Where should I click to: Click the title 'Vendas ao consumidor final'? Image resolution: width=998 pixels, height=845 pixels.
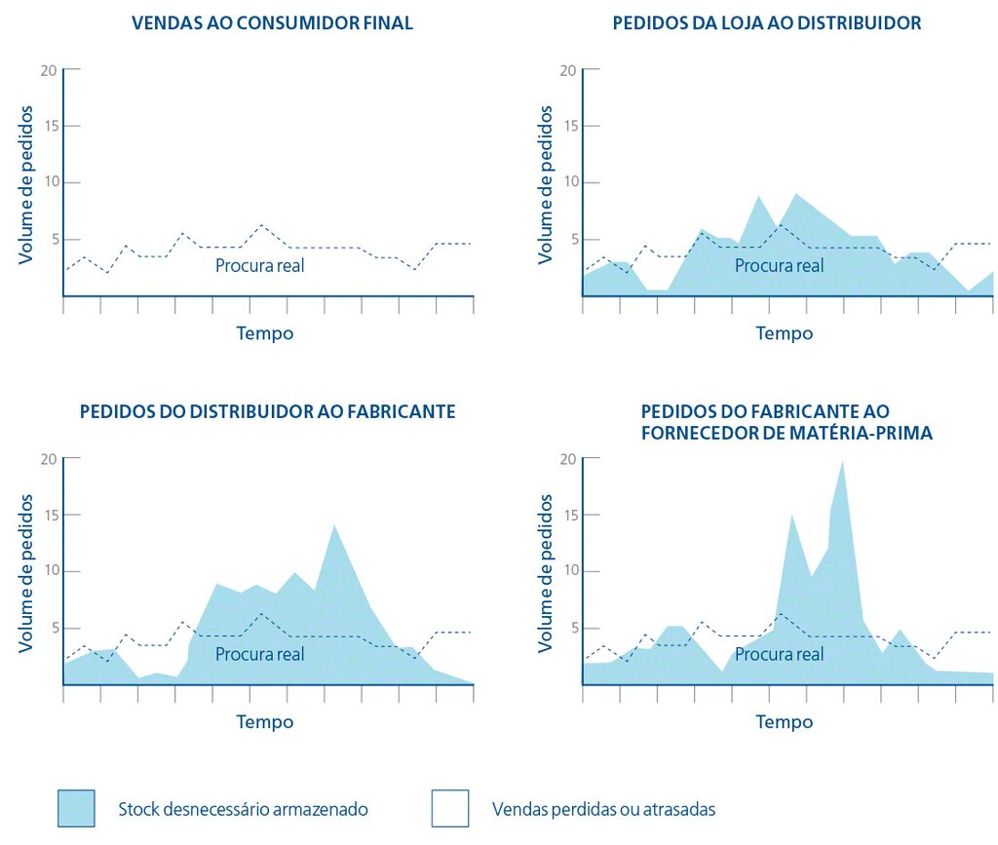click(272, 22)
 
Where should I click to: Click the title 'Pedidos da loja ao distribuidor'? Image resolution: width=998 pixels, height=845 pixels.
click(766, 22)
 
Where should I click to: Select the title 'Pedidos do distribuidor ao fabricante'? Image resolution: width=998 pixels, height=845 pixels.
click(267, 411)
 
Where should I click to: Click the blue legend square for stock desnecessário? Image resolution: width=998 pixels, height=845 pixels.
click(76, 808)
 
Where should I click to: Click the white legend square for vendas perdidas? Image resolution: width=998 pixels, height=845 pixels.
click(449, 808)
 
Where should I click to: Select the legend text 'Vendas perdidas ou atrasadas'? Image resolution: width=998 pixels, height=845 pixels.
click(603, 809)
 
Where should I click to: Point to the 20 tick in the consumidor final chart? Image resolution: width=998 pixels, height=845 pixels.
click(49, 70)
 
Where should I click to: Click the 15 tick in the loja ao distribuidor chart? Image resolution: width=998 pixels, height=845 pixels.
click(568, 126)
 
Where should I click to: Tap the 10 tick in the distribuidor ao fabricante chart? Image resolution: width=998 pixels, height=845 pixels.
click(49, 571)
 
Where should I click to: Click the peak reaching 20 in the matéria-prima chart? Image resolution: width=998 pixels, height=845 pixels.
click(842, 462)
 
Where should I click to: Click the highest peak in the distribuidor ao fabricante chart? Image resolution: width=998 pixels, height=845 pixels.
click(334, 526)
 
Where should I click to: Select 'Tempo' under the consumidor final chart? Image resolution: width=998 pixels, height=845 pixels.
click(264, 333)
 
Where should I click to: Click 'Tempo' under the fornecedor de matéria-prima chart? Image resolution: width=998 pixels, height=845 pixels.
click(784, 722)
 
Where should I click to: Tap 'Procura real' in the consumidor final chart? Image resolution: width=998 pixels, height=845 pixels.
click(259, 265)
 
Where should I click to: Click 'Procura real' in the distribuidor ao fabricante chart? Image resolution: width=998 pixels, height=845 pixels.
click(259, 654)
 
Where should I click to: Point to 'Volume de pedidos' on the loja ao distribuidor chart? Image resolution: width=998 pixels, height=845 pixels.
click(546, 184)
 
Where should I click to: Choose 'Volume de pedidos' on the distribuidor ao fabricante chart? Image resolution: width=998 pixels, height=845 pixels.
click(26, 573)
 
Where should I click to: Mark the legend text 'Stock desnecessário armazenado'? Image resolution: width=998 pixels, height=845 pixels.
click(243, 809)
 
